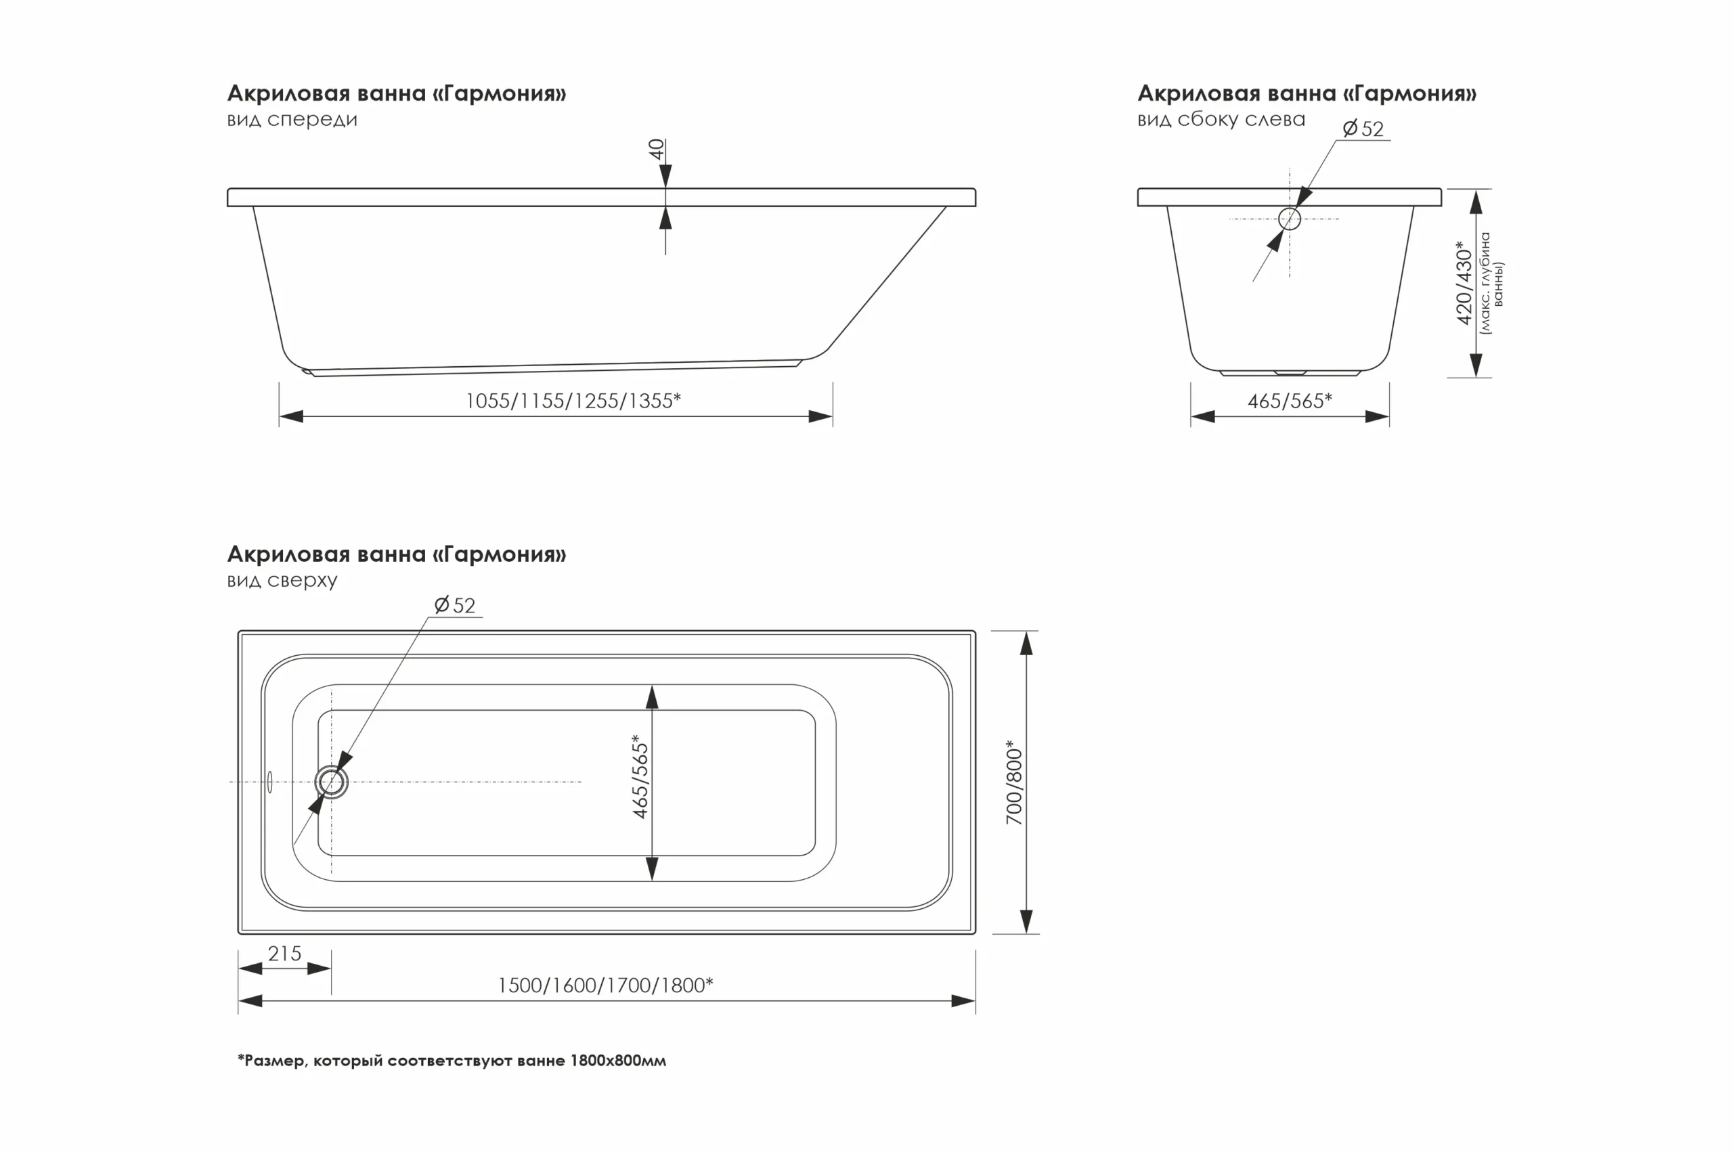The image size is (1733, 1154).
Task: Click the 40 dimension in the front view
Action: coord(657,150)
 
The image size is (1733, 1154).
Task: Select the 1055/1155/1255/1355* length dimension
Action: coord(573,401)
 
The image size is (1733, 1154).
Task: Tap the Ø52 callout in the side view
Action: coord(1363,129)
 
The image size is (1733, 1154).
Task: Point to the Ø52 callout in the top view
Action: coord(455,605)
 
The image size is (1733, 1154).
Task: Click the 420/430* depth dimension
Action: coord(1464,283)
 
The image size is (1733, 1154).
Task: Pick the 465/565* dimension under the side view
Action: coord(1290,401)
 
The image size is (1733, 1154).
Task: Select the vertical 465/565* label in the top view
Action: coord(640,776)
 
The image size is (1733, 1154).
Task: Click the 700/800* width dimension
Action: coord(1014,782)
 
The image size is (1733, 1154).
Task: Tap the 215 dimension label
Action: coord(285,954)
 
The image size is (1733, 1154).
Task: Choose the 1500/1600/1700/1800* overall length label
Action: coord(606,985)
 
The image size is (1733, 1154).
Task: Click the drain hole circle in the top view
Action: coord(331,782)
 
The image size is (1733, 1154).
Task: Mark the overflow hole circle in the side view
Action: coord(1290,219)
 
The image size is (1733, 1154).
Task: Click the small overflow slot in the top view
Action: coord(270,782)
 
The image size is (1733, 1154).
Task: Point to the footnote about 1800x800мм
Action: coord(452,1061)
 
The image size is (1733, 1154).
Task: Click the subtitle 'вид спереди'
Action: coord(292,119)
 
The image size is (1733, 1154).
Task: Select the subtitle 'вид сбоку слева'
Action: coord(1222,119)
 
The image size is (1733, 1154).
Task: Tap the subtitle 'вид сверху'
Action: coord(282,580)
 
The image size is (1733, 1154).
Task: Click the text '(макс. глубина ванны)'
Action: coord(1491,284)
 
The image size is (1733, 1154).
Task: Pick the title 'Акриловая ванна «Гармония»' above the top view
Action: coord(397,554)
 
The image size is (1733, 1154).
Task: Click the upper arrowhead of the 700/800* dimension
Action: coord(1026,643)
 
